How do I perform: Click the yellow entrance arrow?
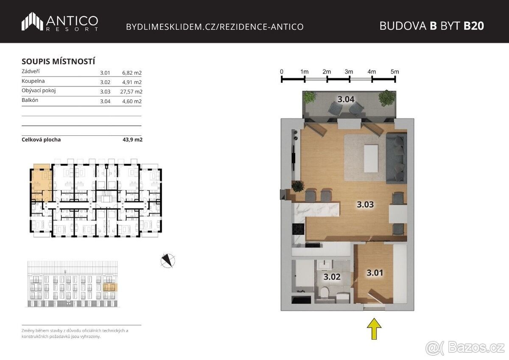(x=374, y=329)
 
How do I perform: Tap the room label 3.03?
(x=365, y=205)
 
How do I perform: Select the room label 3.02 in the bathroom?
(x=332, y=277)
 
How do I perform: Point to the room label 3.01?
(x=375, y=273)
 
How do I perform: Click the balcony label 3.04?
(x=346, y=99)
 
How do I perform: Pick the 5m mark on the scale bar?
(x=395, y=72)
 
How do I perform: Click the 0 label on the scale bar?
(x=282, y=72)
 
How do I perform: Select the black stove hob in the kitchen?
(x=298, y=229)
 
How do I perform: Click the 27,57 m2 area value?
(x=131, y=92)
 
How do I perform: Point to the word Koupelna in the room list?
(x=33, y=81)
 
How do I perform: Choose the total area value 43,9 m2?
(x=132, y=140)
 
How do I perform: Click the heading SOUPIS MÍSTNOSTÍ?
(x=59, y=62)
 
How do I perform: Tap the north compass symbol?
(x=168, y=260)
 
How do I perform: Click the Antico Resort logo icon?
(x=32, y=21)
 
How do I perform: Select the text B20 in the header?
(x=474, y=26)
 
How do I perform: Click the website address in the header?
(x=215, y=27)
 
